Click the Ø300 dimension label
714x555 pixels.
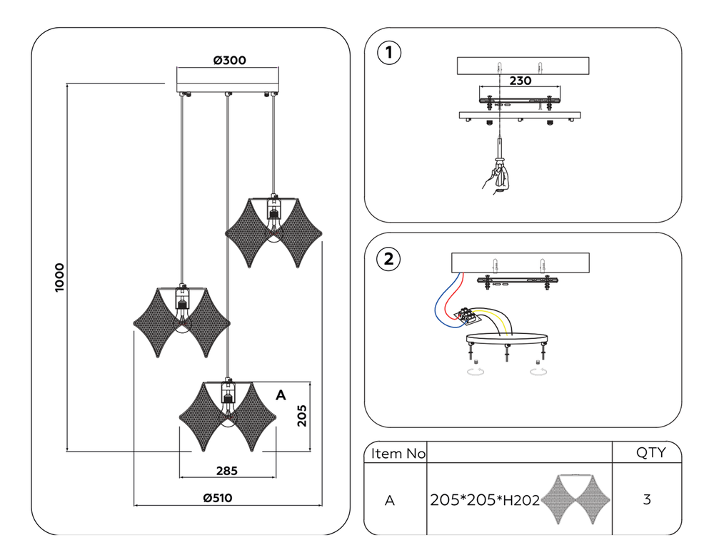click(229, 61)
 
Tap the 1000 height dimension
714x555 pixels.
click(60, 277)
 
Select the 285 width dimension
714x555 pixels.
click(226, 471)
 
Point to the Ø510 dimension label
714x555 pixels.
click(218, 498)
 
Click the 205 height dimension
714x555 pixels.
click(302, 415)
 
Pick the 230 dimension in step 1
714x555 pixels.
click(519, 81)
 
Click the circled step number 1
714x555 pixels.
click(388, 52)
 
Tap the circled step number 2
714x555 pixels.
click(388, 259)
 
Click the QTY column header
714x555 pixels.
click(650, 452)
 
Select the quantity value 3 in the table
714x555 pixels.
click(647, 500)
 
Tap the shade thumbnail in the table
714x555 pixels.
click(574, 499)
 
